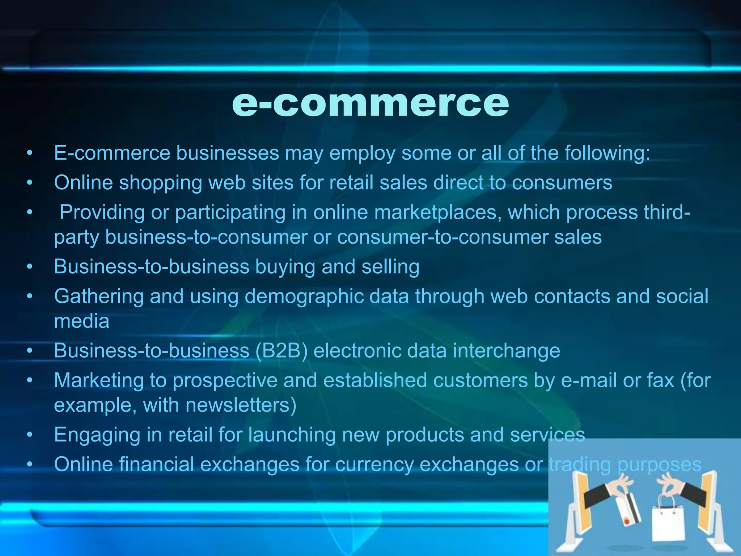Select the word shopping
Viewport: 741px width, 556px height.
(x=161, y=183)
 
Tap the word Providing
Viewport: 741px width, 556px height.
(x=102, y=212)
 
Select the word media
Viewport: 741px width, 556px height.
(x=82, y=321)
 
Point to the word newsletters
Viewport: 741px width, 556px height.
(x=241, y=405)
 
